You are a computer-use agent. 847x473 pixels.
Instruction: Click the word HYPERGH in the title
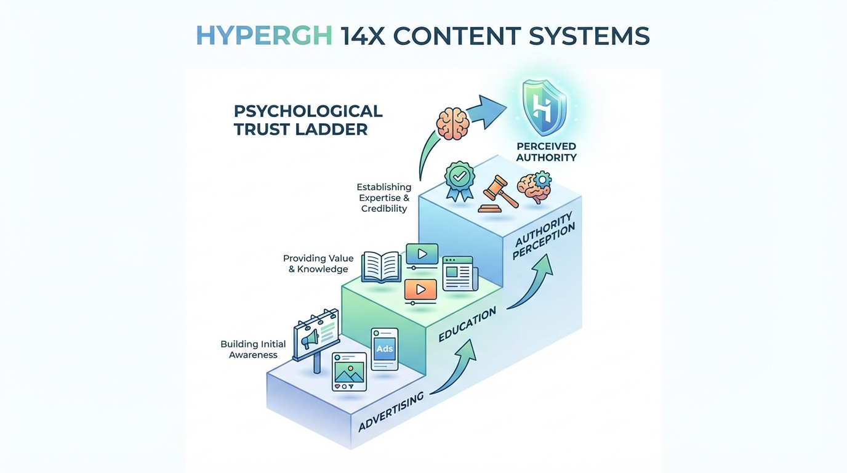click(264, 36)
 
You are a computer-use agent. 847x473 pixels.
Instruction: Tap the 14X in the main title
click(363, 36)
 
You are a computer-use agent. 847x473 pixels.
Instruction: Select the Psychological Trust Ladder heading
click(308, 120)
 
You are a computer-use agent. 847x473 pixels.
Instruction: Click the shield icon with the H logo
click(544, 107)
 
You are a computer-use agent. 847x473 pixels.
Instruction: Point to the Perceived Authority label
click(547, 152)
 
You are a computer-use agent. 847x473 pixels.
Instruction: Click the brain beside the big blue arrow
click(452, 123)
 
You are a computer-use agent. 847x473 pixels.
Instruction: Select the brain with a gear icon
click(534, 187)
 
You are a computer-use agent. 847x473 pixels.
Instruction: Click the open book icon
click(381, 267)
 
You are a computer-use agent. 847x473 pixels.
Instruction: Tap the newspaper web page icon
click(460, 273)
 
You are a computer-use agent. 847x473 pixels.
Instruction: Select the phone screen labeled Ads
click(385, 349)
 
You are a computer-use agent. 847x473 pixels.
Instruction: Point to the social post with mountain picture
click(350, 371)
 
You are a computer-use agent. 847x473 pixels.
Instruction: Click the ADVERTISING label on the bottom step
click(391, 411)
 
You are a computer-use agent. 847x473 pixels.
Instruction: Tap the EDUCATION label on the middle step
click(467, 325)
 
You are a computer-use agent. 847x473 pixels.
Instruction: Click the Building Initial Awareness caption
click(253, 349)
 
